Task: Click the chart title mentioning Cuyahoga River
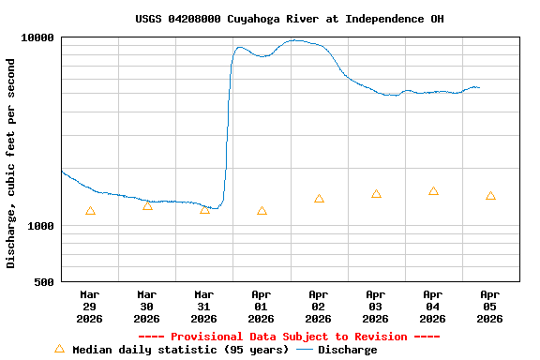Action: (290, 19)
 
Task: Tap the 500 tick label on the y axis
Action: (44, 282)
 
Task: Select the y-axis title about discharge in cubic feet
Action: (11, 163)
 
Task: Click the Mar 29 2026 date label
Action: (90, 307)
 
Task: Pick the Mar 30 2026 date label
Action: (147, 307)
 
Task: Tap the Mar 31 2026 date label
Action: (204, 307)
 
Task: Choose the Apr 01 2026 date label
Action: (262, 307)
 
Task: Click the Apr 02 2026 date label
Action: (319, 307)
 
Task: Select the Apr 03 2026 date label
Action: (376, 307)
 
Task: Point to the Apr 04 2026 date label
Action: (433, 307)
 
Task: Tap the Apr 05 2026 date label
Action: (490, 307)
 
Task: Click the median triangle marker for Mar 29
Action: (90, 211)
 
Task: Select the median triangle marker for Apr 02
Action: (319, 199)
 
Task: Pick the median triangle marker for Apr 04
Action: (433, 191)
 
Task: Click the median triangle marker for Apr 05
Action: (490, 196)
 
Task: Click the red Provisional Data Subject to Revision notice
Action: (289, 337)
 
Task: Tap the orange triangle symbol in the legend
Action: (59, 349)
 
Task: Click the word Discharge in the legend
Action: (347, 350)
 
